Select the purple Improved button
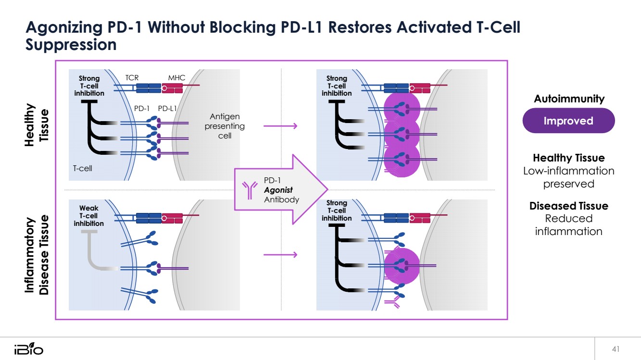click(x=568, y=121)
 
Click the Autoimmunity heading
click(x=569, y=99)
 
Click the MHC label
click(x=176, y=78)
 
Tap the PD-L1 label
click(x=168, y=109)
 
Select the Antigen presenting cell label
click(x=225, y=126)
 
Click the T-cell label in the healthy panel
click(x=82, y=168)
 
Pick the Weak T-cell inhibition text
click(x=88, y=216)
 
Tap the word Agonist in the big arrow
click(x=278, y=190)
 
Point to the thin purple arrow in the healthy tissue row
click(x=280, y=126)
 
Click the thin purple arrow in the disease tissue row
click(x=280, y=254)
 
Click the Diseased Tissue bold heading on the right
click(x=568, y=206)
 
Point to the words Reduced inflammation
click(x=568, y=225)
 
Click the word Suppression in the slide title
click(x=71, y=45)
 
